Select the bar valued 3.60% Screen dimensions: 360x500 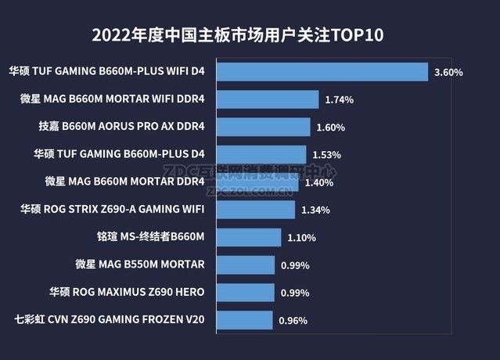(321, 72)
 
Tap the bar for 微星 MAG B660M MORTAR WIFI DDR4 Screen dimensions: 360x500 (266, 99)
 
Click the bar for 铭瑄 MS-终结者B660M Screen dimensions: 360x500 (247, 237)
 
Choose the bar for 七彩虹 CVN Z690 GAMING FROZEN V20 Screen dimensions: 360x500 (243, 320)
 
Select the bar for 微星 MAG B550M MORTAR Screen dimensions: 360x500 (244, 265)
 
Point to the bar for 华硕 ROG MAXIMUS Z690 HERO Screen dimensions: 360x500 (244, 293)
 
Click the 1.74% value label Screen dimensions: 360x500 (339, 100)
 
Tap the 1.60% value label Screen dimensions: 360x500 (330, 128)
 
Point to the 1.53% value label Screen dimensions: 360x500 (326, 155)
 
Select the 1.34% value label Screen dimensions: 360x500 (315, 210)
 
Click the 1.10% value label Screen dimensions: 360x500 (301, 238)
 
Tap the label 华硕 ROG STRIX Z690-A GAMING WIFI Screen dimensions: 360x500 (113, 209)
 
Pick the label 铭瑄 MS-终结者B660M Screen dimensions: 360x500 (149, 237)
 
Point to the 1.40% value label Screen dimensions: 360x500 (319, 182)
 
